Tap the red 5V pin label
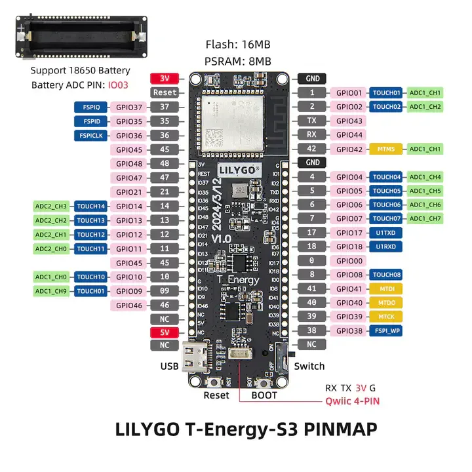tap(164, 332)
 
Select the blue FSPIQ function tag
tap(91, 107)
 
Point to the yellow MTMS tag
tap(386, 149)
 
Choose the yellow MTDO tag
tap(386, 303)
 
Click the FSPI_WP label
tap(386, 331)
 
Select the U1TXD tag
tap(386, 233)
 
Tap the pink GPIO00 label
tap(349, 261)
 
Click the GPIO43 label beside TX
tap(349, 121)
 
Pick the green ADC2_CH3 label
tap(51, 206)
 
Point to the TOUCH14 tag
tap(91, 206)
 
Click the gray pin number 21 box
tap(164, 192)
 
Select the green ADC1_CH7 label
tap(425, 218)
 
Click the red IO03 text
tap(119, 85)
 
